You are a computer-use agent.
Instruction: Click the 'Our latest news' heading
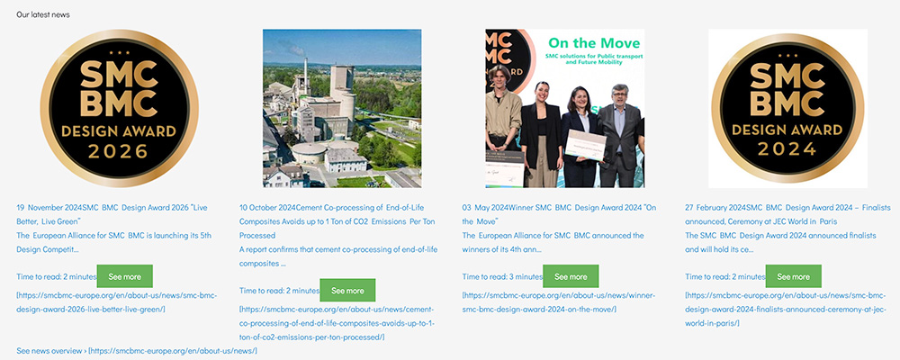[42, 14]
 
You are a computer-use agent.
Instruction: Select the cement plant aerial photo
[342, 108]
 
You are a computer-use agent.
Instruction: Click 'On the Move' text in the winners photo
[594, 43]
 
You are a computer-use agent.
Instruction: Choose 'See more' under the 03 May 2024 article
[571, 276]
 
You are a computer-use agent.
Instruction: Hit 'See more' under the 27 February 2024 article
[793, 276]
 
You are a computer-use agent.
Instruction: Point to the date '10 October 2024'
[267, 206]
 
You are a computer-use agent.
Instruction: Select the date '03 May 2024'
[485, 206]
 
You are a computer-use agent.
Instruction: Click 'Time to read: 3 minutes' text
[502, 276]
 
